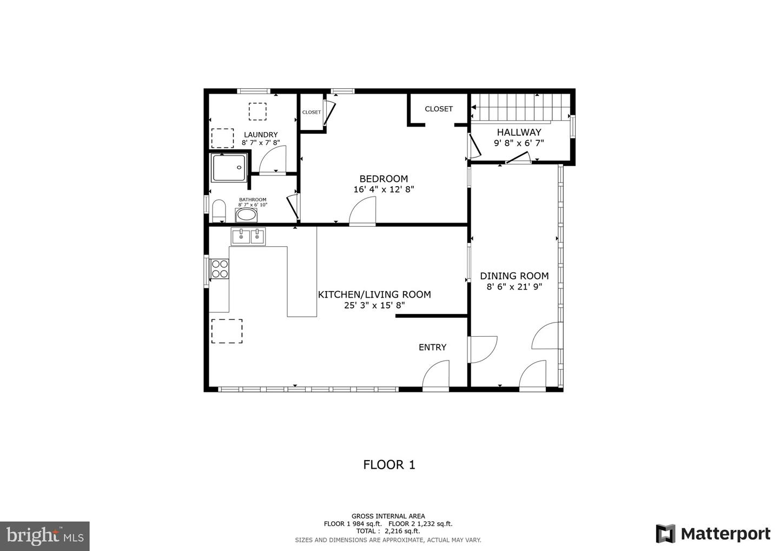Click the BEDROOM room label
[384, 179]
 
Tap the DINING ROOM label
[514, 275]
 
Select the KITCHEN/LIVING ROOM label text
[374, 294]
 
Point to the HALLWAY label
[519, 132]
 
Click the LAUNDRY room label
[261, 135]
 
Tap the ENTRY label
[432, 347]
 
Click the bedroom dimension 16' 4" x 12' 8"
[384, 189]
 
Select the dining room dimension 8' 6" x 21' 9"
[514, 287]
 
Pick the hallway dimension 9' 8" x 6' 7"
[519, 143]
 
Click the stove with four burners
[220, 269]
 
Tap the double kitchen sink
[248, 236]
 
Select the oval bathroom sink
[247, 215]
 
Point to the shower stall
[229, 168]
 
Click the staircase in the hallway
[519, 107]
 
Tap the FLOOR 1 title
[389, 464]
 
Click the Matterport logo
[712, 534]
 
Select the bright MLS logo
[44, 536]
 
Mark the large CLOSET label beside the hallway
[438, 109]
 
